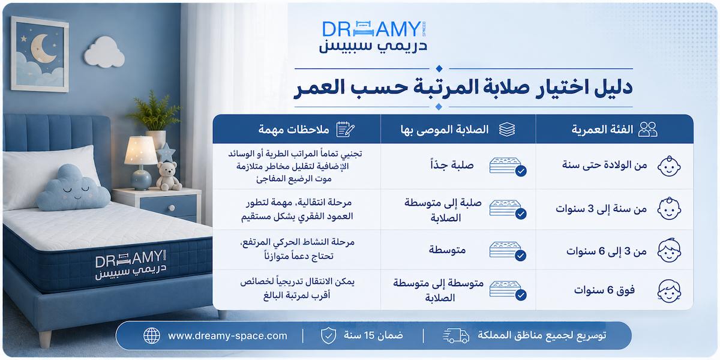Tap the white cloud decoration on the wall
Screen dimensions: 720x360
[104, 52]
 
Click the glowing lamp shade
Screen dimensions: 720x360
[141, 150]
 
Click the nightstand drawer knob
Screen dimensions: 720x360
[172, 208]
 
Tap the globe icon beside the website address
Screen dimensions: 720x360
[152, 335]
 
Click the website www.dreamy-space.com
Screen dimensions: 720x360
[227, 336]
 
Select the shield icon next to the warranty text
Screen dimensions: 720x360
[329, 335]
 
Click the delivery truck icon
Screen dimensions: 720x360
[456, 336]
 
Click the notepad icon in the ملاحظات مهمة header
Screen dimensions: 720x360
[345, 130]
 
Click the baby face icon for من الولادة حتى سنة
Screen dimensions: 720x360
[669, 166]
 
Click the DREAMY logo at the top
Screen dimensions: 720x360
[373, 36]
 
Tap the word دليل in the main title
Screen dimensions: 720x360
[613, 88]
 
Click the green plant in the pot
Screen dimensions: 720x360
[155, 111]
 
